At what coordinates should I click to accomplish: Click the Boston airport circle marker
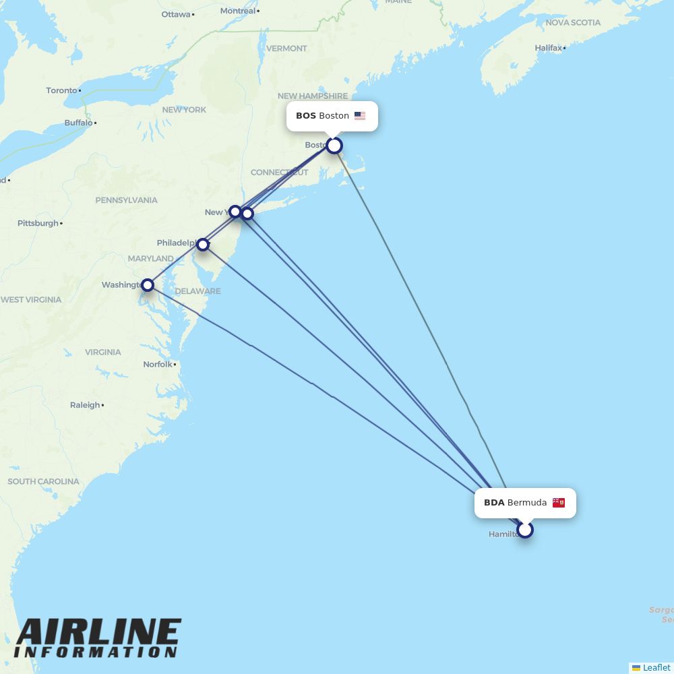pyautogui.click(x=334, y=146)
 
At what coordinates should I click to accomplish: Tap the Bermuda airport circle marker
pyautogui.click(x=525, y=530)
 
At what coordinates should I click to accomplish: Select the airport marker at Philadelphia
pyautogui.click(x=203, y=244)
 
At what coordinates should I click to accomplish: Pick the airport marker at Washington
pyautogui.click(x=148, y=285)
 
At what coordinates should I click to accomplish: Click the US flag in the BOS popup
pyautogui.click(x=360, y=116)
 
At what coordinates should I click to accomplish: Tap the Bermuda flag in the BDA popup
pyautogui.click(x=559, y=503)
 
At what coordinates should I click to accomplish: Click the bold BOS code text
pyautogui.click(x=306, y=116)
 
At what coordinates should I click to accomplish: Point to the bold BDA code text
pyautogui.click(x=494, y=503)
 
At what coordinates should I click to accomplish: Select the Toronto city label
pyautogui.click(x=61, y=90)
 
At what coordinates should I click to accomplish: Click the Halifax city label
pyautogui.click(x=548, y=48)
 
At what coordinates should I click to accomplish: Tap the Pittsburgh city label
pyautogui.click(x=38, y=223)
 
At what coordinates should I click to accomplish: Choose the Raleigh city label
pyautogui.click(x=85, y=405)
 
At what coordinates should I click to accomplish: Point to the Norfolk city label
pyautogui.click(x=158, y=365)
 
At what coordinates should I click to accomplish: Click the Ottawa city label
pyautogui.click(x=176, y=14)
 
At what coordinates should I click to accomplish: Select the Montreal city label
pyautogui.click(x=238, y=11)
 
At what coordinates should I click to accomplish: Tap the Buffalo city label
pyautogui.click(x=78, y=123)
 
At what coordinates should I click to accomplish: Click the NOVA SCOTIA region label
pyautogui.click(x=573, y=23)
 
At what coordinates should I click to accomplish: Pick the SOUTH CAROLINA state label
pyautogui.click(x=43, y=482)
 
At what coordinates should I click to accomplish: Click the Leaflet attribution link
pyautogui.click(x=656, y=667)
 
